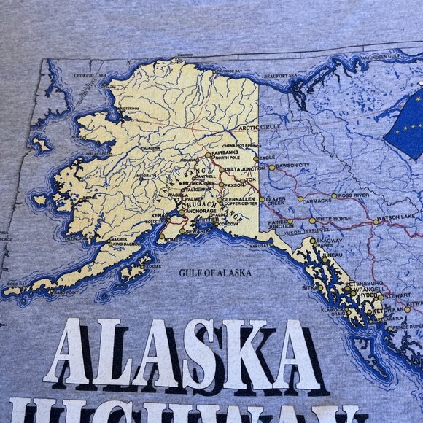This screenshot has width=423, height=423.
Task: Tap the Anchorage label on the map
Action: (201, 211)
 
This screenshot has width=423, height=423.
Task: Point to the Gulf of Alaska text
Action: (215, 273)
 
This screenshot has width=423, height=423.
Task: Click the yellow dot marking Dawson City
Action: (272, 167)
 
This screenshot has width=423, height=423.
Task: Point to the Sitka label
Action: (307, 288)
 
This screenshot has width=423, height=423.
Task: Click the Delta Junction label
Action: (244, 168)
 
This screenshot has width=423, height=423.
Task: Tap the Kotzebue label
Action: (129, 109)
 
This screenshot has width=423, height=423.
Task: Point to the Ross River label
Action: (353, 195)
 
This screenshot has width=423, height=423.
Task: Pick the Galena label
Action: (152, 147)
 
